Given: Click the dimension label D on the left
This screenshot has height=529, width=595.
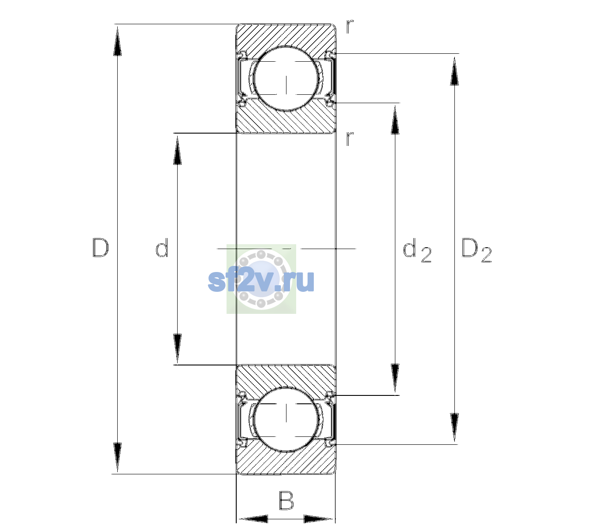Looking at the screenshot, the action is (x=100, y=248).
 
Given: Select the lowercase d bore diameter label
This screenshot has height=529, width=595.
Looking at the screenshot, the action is (x=162, y=248).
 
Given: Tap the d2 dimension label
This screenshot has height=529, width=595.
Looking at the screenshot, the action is (x=417, y=250).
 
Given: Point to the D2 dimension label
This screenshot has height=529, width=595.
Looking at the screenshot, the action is (x=476, y=250).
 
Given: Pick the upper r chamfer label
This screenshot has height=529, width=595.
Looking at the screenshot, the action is (x=350, y=26).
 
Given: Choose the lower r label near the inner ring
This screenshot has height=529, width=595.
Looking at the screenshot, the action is (x=350, y=138).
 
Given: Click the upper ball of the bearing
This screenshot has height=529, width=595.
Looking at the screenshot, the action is (x=286, y=79).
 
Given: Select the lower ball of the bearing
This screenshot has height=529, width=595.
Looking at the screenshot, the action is (x=286, y=419).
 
